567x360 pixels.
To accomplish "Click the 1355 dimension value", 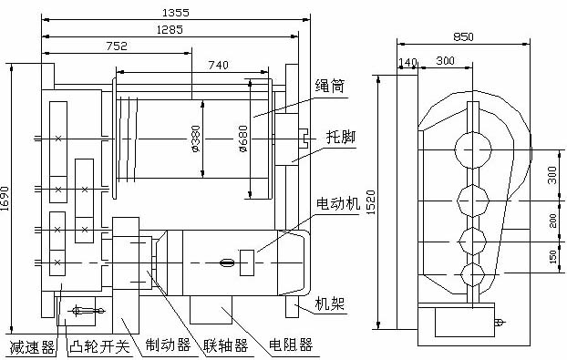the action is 175,13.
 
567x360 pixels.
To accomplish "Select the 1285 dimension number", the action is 170,29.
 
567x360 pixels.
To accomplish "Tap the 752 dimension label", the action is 117,46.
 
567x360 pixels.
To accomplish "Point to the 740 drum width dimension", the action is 219,65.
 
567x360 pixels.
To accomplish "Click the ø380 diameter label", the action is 196,139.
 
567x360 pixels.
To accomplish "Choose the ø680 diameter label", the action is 243,139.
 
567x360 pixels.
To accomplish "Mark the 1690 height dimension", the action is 5,199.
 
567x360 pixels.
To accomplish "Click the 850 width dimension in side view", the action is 463,36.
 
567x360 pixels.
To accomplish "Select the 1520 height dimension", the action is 371,202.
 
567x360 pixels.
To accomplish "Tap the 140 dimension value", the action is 407,62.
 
